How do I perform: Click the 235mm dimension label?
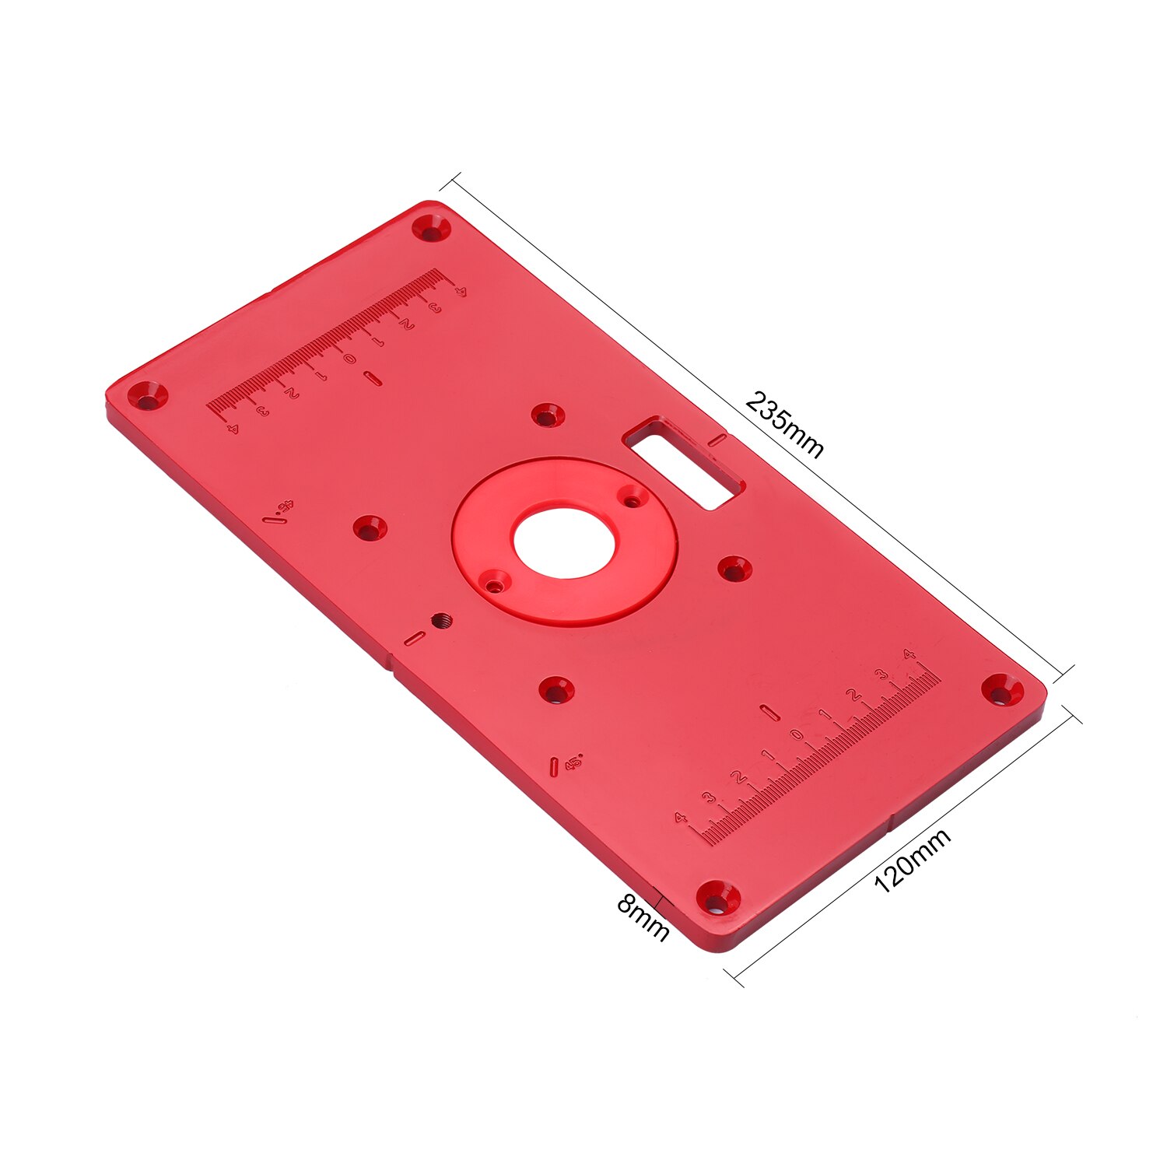784,425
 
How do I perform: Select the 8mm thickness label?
643,918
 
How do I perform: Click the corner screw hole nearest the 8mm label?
717,899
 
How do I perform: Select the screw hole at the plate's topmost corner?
431,229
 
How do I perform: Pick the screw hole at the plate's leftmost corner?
148,395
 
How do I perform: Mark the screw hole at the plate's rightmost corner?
1003,689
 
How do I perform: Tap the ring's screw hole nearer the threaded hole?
494,580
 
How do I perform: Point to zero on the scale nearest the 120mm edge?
796,734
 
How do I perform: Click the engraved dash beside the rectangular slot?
718,440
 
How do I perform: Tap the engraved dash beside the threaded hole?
414,639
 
